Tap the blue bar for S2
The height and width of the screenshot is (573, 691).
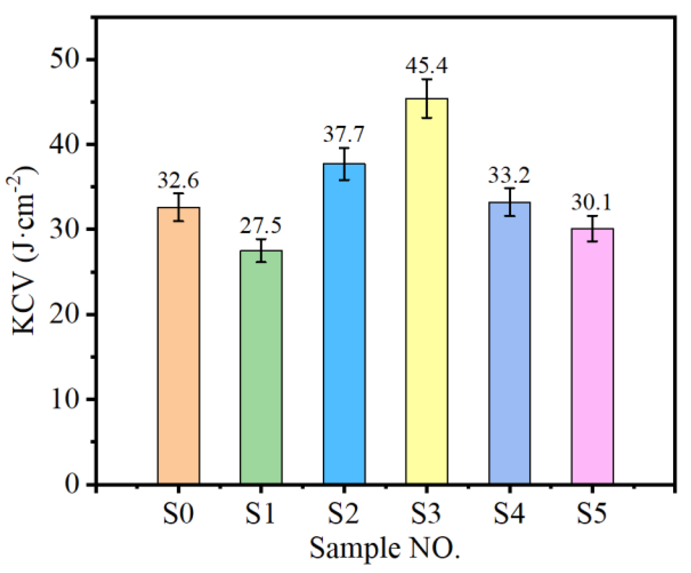click(x=344, y=323)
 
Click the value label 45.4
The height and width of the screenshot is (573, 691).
click(x=427, y=65)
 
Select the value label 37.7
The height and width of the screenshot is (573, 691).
click(x=344, y=135)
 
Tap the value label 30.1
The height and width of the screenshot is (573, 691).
click(x=591, y=203)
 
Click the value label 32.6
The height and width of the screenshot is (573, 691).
click(x=178, y=181)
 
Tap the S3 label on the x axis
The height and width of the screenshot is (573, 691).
click(x=426, y=514)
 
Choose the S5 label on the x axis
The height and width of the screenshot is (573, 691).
click(x=591, y=514)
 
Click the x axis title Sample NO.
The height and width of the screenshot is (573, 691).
click(x=384, y=548)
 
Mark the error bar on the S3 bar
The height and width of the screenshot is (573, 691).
click(x=427, y=99)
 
